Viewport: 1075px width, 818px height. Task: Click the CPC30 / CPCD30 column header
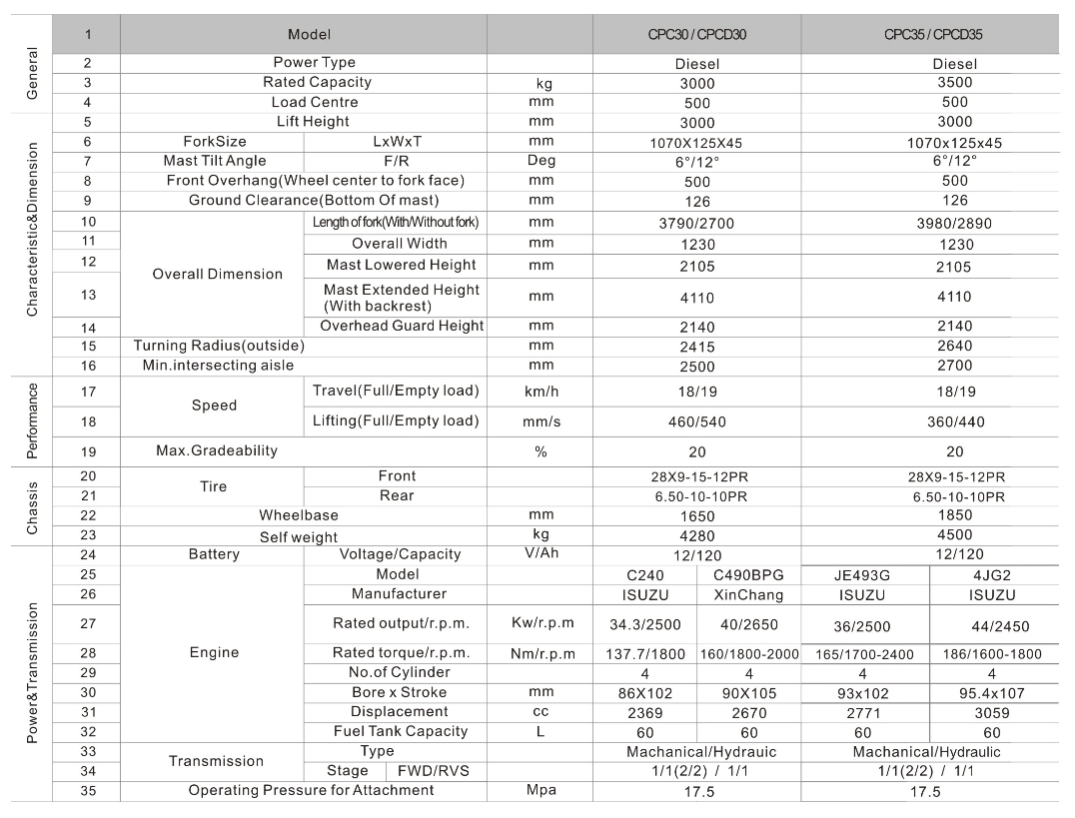coord(696,34)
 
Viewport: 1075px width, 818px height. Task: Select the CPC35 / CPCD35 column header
coord(933,34)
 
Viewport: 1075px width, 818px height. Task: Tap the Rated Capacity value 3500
coord(955,83)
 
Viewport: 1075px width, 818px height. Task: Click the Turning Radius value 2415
coord(696,346)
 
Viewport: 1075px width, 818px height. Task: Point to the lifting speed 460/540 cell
coord(696,421)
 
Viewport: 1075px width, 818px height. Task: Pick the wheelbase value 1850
coord(955,516)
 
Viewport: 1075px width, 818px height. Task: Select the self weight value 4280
coord(696,536)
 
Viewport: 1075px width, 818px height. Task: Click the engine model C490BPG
coord(748,575)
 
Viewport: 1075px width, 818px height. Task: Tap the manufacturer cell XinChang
coord(748,595)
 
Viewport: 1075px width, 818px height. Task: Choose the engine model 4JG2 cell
coord(992,575)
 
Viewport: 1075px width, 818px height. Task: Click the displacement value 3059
coord(992,713)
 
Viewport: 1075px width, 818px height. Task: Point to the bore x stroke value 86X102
coord(644,693)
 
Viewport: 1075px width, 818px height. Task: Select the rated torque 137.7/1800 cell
coord(644,654)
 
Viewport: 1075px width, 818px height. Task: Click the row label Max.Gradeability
coord(217,450)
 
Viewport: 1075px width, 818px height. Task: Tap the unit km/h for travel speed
coord(540,391)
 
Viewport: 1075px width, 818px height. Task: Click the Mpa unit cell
coord(540,791)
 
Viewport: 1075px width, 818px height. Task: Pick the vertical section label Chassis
coord(31,506)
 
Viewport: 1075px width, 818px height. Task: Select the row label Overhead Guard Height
coord(402,326)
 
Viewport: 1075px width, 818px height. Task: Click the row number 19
coord(89,450)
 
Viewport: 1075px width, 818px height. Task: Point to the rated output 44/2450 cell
coord(992,626)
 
